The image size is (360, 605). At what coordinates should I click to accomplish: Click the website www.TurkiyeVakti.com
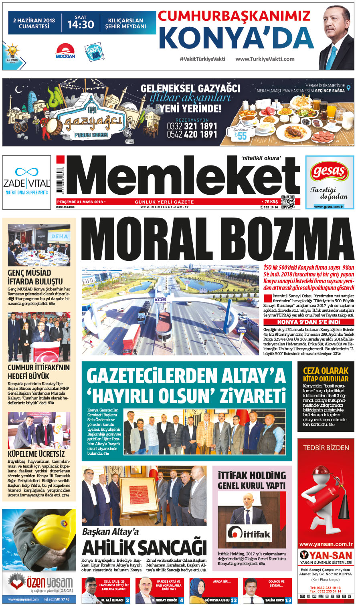(265, 59)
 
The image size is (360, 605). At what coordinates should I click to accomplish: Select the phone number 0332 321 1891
(192, 126)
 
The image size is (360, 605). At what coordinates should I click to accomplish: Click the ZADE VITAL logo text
(26, 184)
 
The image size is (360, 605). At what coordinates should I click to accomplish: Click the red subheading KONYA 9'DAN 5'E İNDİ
(308, 322)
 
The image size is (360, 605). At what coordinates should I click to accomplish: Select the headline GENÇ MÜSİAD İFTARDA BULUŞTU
(35, 277)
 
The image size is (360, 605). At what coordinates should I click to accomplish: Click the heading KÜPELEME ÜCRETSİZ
(36, 454)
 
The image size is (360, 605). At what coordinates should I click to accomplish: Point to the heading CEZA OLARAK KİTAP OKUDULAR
(326, 374)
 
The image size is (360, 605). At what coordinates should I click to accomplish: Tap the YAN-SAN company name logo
(326, 555)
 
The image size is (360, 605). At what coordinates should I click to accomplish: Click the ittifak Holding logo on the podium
(249, 533)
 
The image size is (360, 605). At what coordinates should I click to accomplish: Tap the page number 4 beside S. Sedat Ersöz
(181, 600)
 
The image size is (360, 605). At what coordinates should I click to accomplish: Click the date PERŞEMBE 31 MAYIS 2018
(80, 202)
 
